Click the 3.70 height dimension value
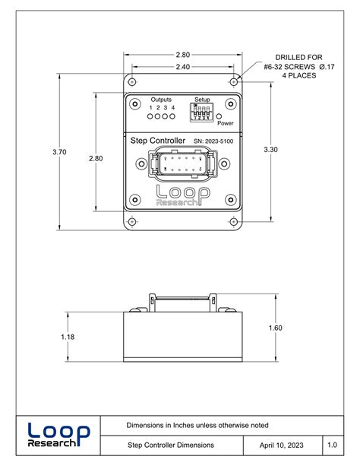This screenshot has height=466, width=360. point(59,152)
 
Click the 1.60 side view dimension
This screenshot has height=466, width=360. point(275,328)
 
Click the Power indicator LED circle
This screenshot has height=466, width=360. point(219,115)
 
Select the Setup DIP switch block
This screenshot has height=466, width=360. point(201,112)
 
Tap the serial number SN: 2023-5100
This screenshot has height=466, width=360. point(213,141)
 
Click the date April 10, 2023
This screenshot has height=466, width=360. point(282,444)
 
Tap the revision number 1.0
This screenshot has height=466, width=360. point(333,444)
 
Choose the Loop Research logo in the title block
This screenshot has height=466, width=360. point(58,434)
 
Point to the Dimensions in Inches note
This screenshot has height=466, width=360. point(197,425)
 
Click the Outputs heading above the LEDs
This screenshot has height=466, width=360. point(161,100)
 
